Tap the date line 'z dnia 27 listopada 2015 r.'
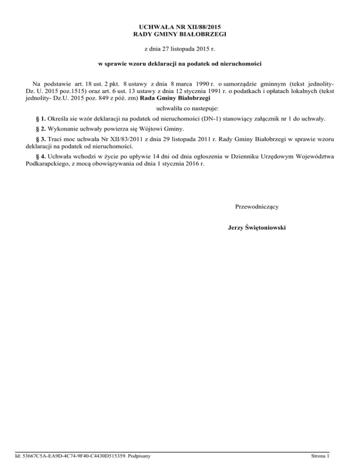point(180,48)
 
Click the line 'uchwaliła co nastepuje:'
point(180,109)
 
